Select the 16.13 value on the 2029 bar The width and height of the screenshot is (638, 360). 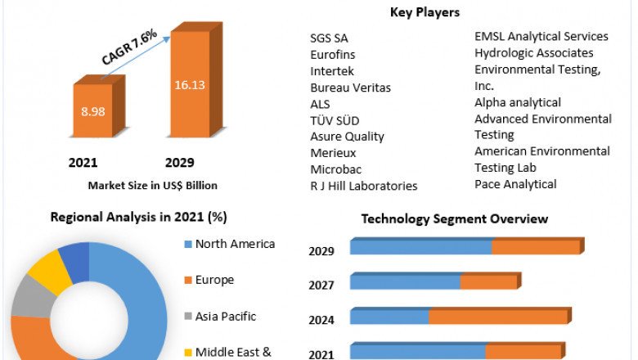point(189,84)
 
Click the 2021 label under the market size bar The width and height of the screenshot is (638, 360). point(83,163)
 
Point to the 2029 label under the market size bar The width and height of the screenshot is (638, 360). point(179,163)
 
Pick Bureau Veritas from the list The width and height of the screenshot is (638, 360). point(350,88)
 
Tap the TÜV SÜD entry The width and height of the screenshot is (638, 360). point(335,120)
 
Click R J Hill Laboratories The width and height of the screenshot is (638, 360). point(363,186)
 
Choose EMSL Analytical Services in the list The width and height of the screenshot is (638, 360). point(541,36)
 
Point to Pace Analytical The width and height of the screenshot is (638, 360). point(515,184)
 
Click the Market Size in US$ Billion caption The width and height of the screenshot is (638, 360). point(152,186)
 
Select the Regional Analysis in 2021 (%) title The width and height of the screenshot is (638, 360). point(139,218)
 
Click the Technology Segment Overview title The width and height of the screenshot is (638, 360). point(455,219)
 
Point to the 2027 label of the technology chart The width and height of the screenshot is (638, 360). point(321,286)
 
